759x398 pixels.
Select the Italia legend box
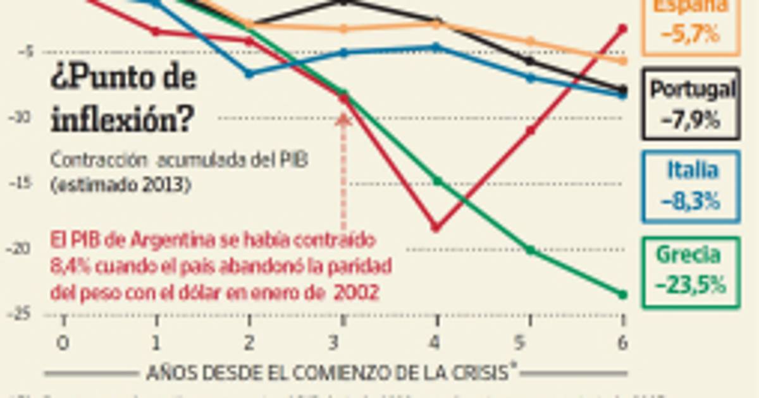click(690, 186)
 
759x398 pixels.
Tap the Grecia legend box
click(690, 272)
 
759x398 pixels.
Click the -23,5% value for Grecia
click(690, 286)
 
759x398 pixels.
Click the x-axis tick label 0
click(63, 343)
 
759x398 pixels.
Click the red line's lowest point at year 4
click(435, 227)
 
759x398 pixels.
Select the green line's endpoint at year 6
click(622, 294)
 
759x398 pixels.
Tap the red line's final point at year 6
click(622, 28)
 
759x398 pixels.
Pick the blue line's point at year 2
click(249, 74)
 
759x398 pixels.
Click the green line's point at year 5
click(530, 250)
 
